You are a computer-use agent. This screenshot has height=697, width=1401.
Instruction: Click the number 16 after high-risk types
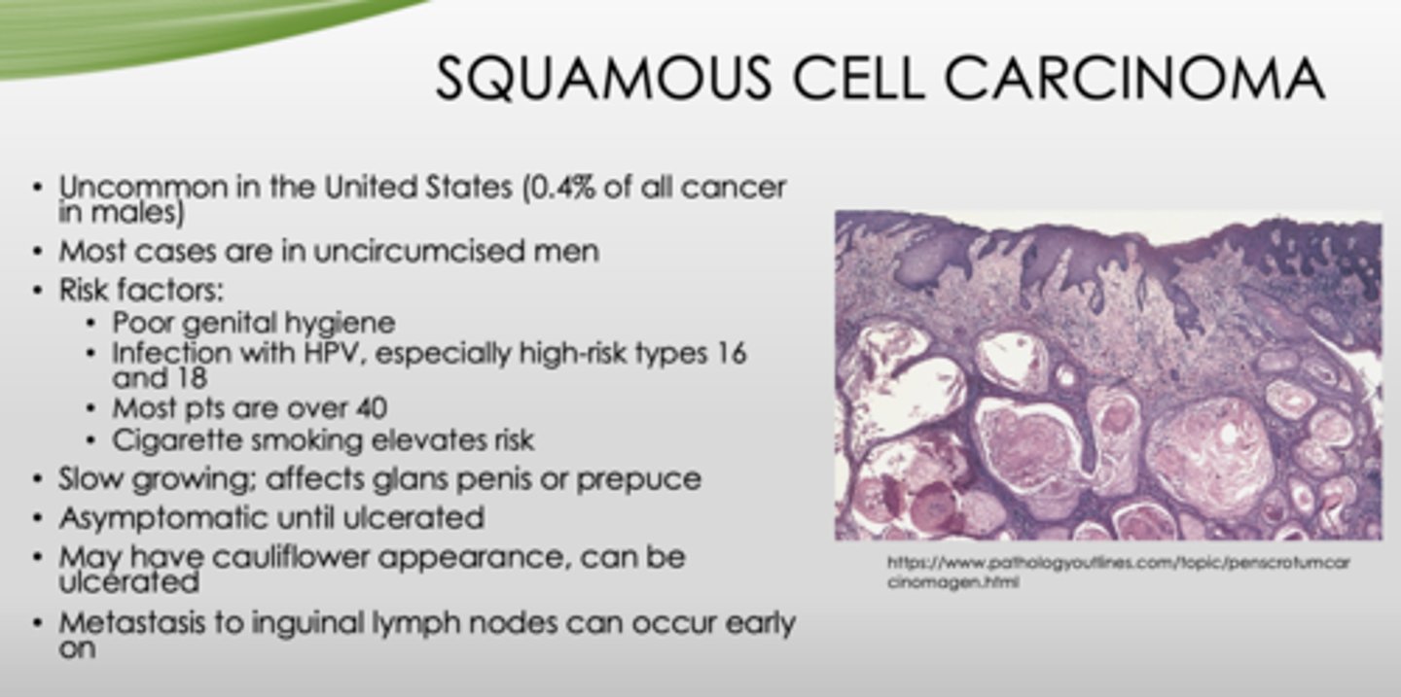[727, 353]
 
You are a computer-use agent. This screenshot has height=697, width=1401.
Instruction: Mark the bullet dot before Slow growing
[37, 479]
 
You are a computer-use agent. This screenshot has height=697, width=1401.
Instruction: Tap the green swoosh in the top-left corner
[146, 34]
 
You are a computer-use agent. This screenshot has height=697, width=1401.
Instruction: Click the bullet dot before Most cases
[37, 251]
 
